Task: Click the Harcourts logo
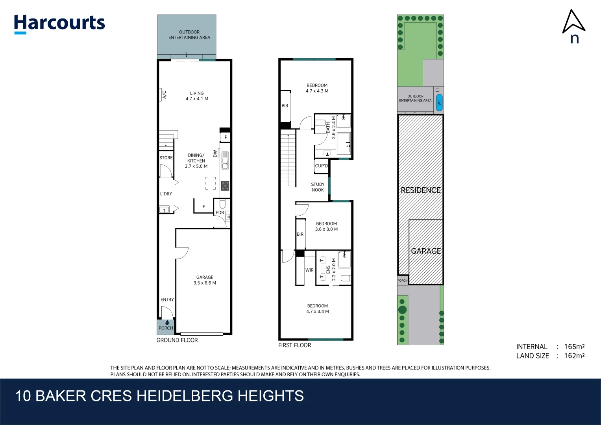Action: [59, 24]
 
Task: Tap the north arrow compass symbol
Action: [573, 22]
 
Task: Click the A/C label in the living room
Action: [164, 95]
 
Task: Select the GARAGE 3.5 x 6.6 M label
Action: [205, 280]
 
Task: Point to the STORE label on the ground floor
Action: [166, 158]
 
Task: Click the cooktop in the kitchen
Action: [225, 186]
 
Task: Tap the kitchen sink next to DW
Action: [225, 161]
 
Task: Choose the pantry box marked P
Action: [226, 137]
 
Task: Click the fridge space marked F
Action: [203, 207]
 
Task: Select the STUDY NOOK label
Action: [318, 187]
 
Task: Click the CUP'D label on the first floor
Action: [322, 166]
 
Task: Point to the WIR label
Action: [310, 270]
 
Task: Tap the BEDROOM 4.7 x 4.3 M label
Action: [317, 88]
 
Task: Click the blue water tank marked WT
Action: [439, 102]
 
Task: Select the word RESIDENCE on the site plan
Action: [420, 190]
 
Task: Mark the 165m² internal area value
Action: [574, 347]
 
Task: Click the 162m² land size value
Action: [574, 356]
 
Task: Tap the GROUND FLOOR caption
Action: [177, 340]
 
